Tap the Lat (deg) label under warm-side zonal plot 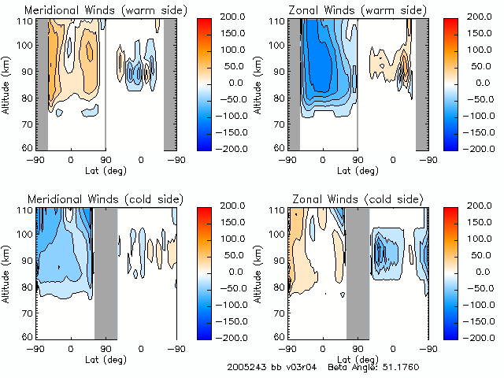(x=358, y=169)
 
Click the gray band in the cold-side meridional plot (x=106, y=272)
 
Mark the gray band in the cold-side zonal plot (x=358, y=272)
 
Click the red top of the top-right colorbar (x=450, y=24)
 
